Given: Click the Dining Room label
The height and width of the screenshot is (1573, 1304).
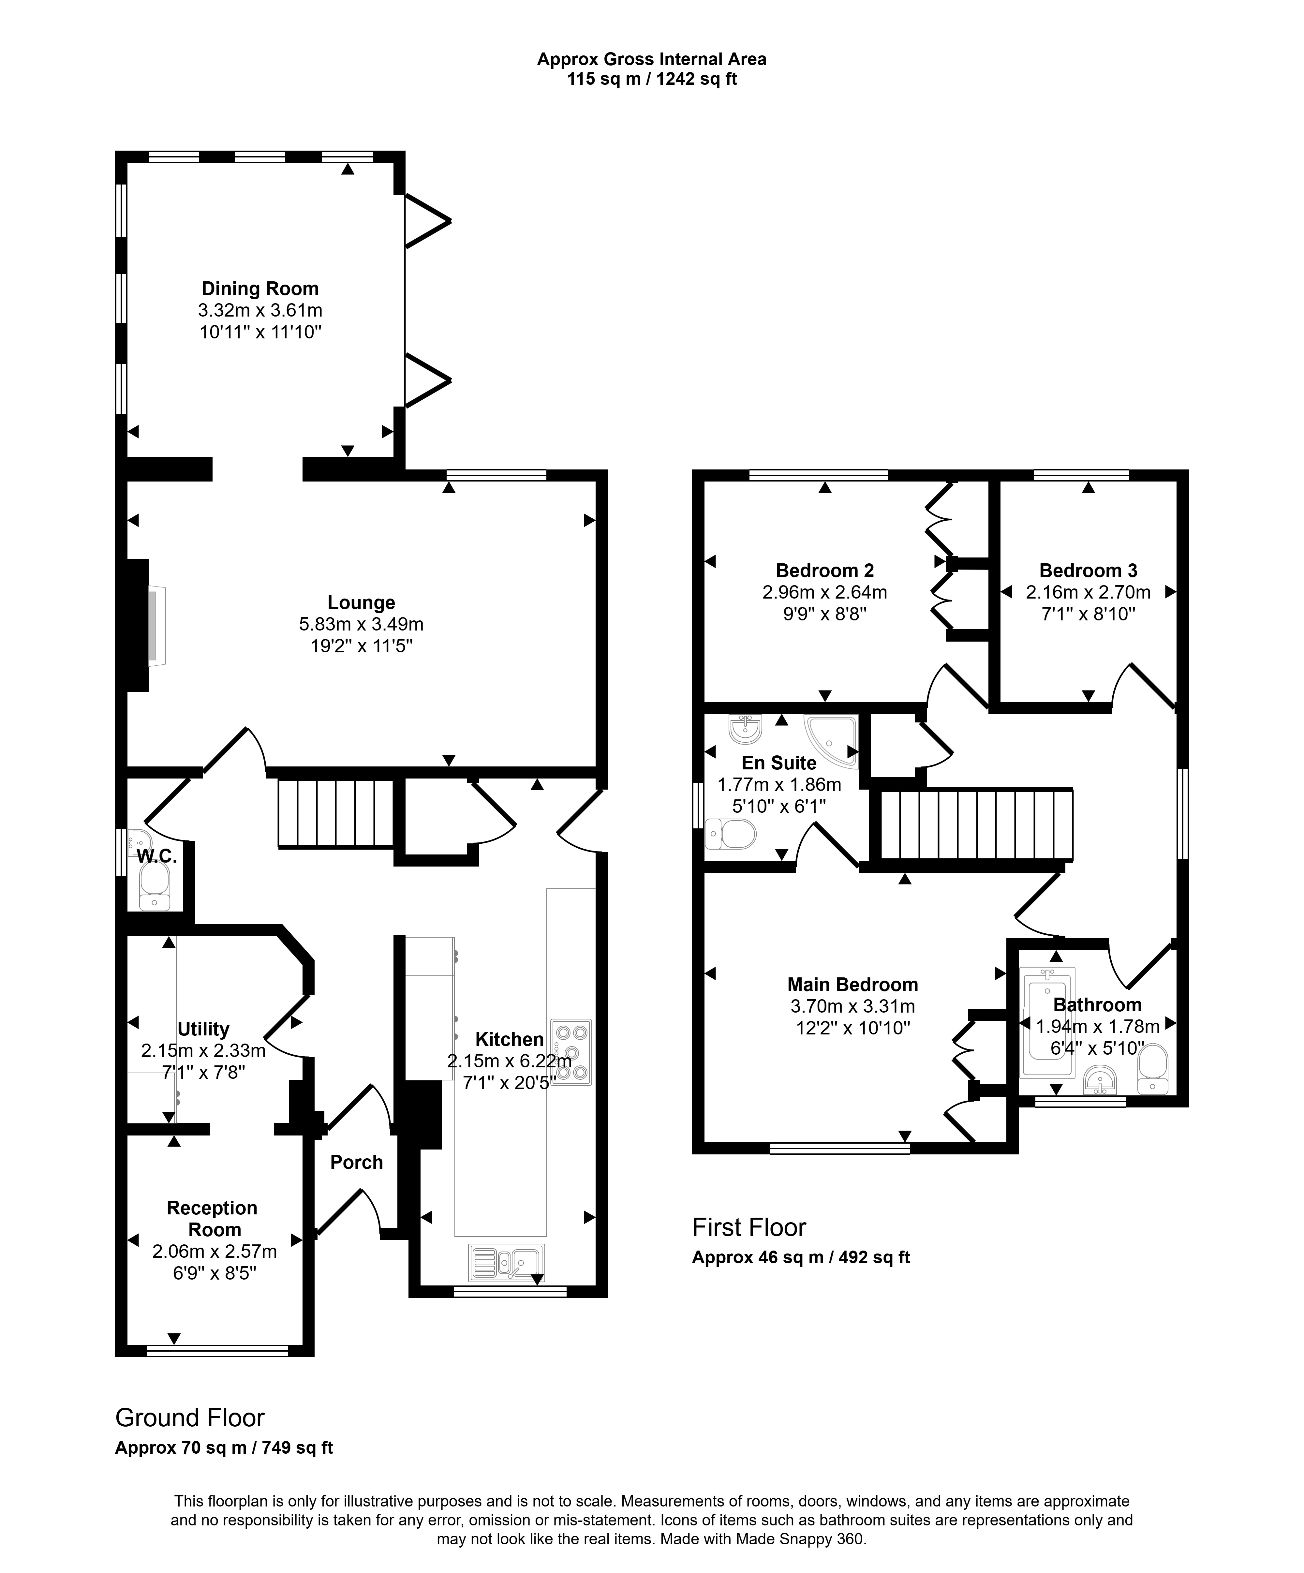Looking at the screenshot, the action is [x=260, y=289].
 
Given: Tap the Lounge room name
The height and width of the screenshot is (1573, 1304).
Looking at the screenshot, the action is [x=361, y=602].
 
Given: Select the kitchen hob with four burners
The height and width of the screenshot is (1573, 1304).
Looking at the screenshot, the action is [x=571, y=1052].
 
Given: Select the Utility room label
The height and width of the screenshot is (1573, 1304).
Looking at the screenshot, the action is [x=203, y=1029].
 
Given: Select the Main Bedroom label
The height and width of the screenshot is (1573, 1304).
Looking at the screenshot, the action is [x=852, y=984].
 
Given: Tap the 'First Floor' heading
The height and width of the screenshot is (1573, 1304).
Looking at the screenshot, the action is [x=749, y=1228].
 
